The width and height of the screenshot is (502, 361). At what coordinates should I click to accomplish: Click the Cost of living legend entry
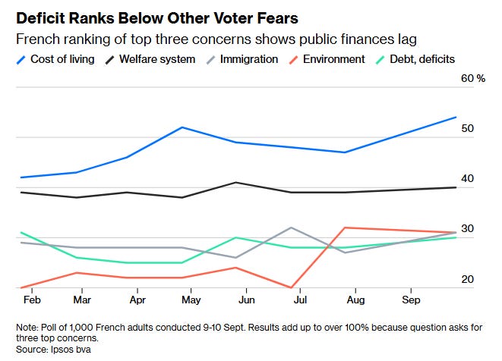point(55,59)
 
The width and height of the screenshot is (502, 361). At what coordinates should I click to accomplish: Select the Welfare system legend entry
point(150,59)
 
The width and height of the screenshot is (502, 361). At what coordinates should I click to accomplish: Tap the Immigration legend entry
point(242,59)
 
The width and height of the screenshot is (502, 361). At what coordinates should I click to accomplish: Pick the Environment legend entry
point(327,59)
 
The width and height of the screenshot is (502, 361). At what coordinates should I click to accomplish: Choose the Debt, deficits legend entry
point(415,59)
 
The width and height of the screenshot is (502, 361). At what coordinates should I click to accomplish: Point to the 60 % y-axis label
point(473,78)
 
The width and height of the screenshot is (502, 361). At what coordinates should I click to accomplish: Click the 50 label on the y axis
point(467,128)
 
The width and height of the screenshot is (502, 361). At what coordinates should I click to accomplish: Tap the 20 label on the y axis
point(467,279)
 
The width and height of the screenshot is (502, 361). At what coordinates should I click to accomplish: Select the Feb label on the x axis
point(32,300)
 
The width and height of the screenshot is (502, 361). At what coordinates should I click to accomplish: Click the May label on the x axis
point(191,300)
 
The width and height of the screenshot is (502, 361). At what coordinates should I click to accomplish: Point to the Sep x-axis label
point(411,300)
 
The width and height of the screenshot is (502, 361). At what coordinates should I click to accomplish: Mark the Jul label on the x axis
point(300,300)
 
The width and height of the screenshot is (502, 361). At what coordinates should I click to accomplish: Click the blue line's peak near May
point(182,127)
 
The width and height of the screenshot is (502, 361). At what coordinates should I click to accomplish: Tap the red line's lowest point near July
point(291,287)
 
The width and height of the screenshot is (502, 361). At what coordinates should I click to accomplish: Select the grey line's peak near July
point(291,228)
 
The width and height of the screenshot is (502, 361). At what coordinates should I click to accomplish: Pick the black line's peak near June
point(236,182)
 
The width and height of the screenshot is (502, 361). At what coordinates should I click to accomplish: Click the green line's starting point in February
point(21,233)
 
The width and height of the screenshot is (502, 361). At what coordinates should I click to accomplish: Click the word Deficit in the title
point(41,18)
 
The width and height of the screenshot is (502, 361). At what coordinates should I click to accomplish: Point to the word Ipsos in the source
point(62,350)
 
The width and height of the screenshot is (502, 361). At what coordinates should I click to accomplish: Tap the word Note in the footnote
point(27,328)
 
